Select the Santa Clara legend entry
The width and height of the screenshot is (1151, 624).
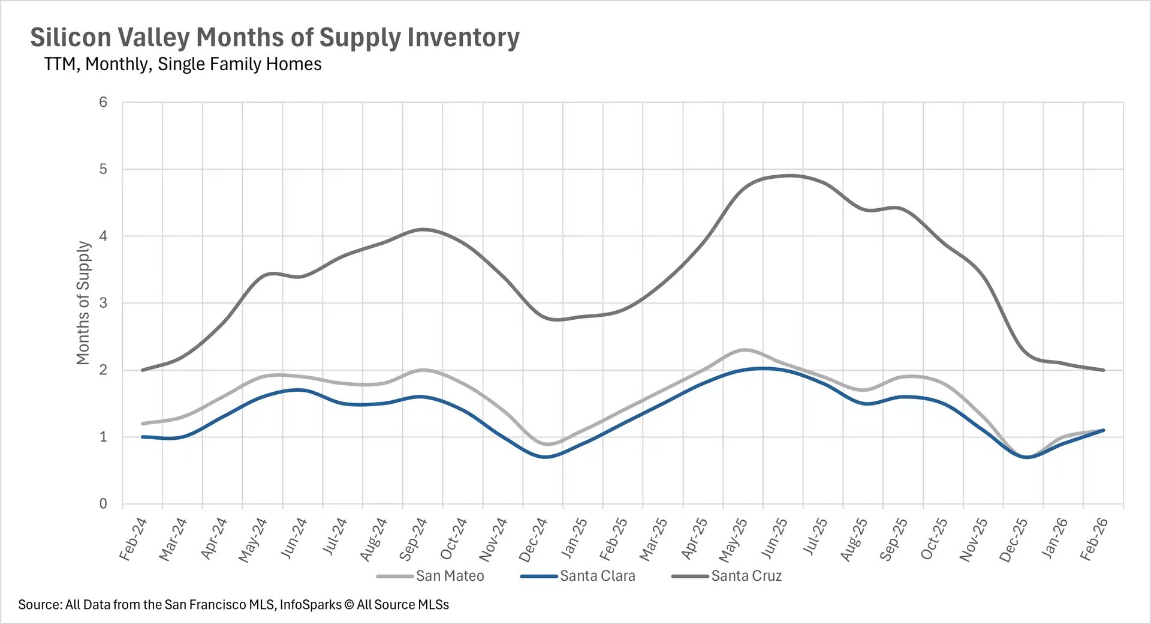click(597, 576)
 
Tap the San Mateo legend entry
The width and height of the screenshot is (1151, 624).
click(450, 576)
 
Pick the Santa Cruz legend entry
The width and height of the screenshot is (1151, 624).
click(746, 576)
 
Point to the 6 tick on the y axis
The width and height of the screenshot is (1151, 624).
click(103, 103)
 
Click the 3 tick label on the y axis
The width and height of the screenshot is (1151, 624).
click(103, 303)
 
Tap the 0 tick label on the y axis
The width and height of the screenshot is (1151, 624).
click(103, 504)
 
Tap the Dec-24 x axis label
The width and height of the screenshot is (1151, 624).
click(533, 540)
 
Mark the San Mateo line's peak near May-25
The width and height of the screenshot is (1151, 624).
click(744, 350)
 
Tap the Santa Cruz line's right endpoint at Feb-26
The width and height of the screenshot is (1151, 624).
click(1103, 370)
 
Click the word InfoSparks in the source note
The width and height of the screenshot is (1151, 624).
click(310, 605)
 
